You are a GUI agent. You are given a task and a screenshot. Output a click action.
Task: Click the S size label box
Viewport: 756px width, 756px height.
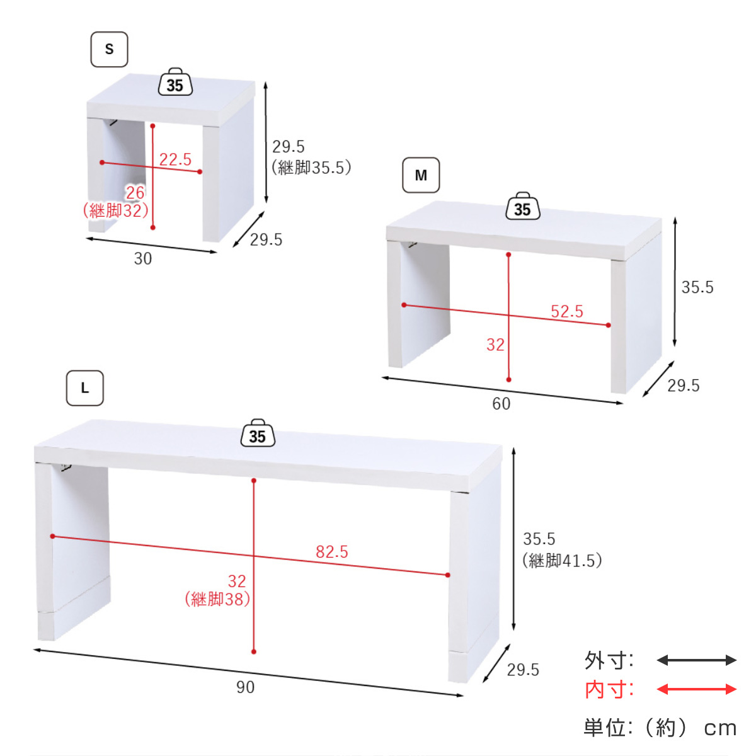[109, 49]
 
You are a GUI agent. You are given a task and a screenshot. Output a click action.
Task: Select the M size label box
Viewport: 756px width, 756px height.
[421, 175]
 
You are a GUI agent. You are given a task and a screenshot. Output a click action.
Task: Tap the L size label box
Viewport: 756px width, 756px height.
[85, 388]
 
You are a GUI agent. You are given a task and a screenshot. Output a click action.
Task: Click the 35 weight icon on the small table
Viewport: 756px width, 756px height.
[175, 82]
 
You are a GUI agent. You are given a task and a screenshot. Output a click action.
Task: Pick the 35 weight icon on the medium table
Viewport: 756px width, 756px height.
[522, 206]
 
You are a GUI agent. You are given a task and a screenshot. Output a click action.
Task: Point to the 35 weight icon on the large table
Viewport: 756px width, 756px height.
[258, 433]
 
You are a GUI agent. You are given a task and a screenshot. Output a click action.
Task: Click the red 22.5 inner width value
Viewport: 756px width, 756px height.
[175, 159]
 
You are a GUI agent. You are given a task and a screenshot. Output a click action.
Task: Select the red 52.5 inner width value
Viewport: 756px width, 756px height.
[567, 311]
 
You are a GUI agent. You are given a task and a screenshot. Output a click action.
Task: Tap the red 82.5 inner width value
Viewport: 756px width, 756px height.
[332, 552]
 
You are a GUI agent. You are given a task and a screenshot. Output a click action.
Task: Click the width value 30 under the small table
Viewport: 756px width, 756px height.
[143, 259]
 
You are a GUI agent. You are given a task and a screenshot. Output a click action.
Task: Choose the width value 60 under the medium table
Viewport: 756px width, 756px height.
[501, 404]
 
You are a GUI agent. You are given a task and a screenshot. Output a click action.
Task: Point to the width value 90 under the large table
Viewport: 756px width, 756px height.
[246, 687]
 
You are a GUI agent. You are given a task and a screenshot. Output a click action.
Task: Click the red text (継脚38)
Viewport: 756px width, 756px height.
[218, 600]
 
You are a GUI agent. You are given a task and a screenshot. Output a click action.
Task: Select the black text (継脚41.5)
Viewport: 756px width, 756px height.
[562, 561]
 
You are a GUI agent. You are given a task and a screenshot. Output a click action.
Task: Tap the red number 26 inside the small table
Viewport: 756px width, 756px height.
[135, 193]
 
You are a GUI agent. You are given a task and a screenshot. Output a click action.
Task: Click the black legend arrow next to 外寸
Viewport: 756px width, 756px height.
[697, 660]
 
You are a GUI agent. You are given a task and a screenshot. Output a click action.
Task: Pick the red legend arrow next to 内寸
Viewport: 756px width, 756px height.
[697, 689]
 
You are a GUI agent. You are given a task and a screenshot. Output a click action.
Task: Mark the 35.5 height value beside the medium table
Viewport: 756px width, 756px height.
[697, 287]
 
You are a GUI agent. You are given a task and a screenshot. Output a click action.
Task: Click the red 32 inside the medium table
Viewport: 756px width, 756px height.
[495, 345]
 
